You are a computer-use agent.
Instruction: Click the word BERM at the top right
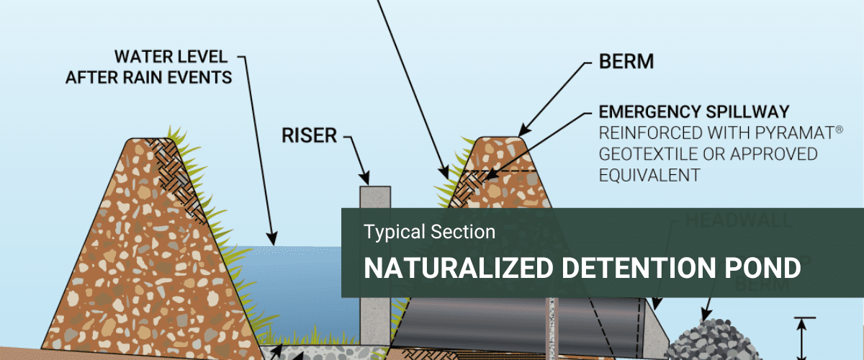coord(626,62)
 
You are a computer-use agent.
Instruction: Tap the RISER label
coord(310,136)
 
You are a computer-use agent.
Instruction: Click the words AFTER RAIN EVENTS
coord(149,77)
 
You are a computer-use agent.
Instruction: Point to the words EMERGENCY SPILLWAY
coord(694,112)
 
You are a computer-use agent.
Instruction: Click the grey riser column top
coord(374,193)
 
